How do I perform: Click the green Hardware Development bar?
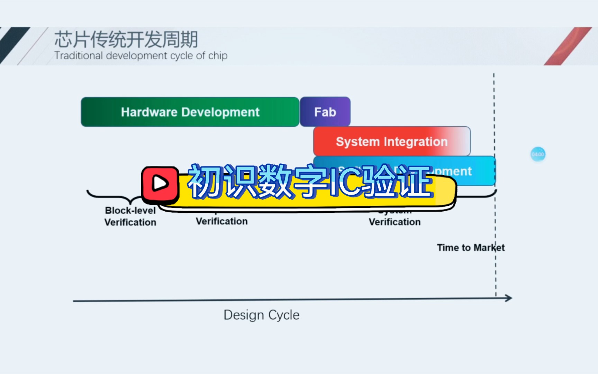(x=190, y=112)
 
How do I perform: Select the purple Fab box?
(x=325, y=112)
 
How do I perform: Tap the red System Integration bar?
(x=391, y=142)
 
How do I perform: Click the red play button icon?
(x=160, y=184)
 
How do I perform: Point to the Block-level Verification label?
(x=130, y=216)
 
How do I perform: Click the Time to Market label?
(x=470, y=248)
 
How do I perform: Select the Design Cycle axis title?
(x=261, y=315)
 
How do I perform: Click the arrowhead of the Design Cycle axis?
(x=509, y=298)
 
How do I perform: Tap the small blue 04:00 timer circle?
(x=538, y=154)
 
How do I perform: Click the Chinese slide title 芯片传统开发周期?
(x=126, y=39)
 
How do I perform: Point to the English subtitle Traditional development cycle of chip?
(x=141, y=56)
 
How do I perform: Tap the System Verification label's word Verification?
(x=395, y=222)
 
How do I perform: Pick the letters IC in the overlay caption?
(x=344, y=181)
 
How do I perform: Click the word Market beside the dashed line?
(x=489, y=248)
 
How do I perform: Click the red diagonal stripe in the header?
(x=568, y=46)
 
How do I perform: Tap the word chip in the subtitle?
(x=218, y=56)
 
